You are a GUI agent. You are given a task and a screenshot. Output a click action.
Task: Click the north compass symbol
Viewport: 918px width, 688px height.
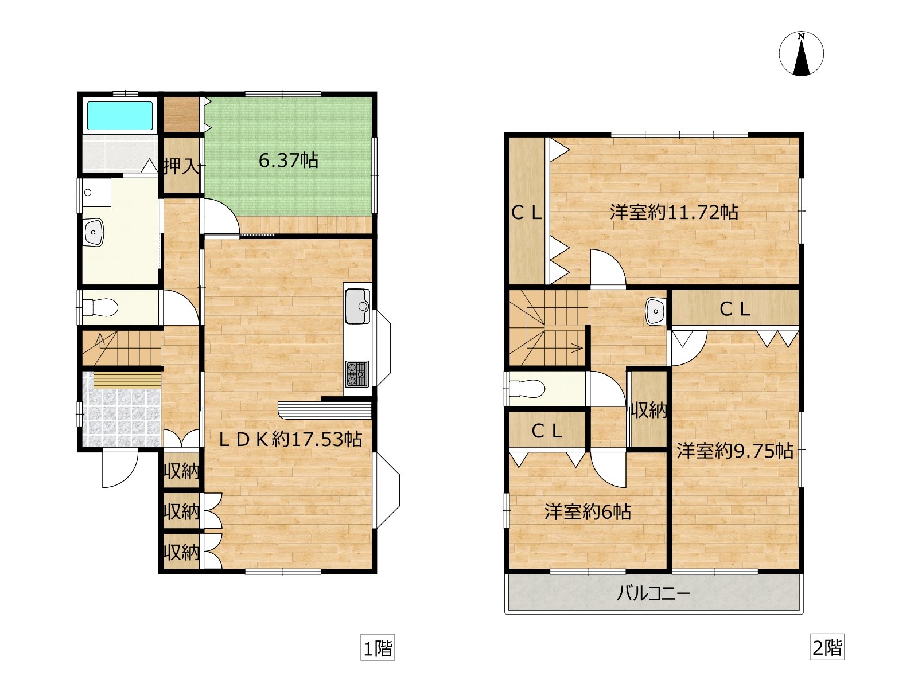point(801,54)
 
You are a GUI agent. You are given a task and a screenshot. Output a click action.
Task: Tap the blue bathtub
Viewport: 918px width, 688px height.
point(119,116)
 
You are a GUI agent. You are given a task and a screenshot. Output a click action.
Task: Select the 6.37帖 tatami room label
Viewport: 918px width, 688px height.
point(289,161)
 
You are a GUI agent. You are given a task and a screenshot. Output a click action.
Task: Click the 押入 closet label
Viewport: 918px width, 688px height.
point(181,166)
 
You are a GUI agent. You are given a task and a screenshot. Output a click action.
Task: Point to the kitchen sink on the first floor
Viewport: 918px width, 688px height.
point(357,306)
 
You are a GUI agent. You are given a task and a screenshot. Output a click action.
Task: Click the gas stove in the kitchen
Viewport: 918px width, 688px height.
point(357,374)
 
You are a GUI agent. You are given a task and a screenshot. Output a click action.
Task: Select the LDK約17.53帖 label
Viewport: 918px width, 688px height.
point(291,439)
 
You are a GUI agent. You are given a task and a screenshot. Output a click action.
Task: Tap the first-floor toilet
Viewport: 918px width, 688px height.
point(100,308)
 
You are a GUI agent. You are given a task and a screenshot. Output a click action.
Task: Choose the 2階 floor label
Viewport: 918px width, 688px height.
point(827,648)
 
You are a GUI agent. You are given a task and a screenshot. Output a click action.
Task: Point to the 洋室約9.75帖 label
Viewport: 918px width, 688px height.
point(735,451)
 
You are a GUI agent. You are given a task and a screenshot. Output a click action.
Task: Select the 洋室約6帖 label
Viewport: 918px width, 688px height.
point(588,511)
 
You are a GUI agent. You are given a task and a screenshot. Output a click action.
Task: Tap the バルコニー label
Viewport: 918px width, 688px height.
point(654,593)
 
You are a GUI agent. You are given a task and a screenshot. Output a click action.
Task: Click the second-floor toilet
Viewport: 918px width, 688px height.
point(527,389)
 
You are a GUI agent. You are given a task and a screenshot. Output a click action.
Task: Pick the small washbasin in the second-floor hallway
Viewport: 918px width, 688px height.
point(656,311)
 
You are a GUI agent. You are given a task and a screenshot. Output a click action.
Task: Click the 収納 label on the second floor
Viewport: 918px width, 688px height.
point(648,411)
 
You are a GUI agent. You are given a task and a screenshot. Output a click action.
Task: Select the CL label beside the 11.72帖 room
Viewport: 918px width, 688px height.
point(527,213)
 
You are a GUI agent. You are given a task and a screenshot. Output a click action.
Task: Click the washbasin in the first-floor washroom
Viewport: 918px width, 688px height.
point(94,232)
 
